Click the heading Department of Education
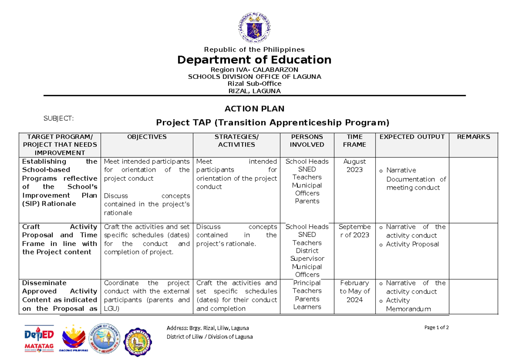[254, 59]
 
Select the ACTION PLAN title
[254, 109]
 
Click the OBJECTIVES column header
[147, 137]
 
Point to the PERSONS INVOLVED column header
[307, 140]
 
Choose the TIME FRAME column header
[354, 140]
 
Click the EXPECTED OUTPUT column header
[412, 137]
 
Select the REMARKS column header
[473, 137]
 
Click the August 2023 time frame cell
[355, 165]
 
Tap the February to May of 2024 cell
[355, 291]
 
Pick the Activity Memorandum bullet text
[408, 304]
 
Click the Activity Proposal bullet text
[412, 244]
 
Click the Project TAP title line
[272, 123]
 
